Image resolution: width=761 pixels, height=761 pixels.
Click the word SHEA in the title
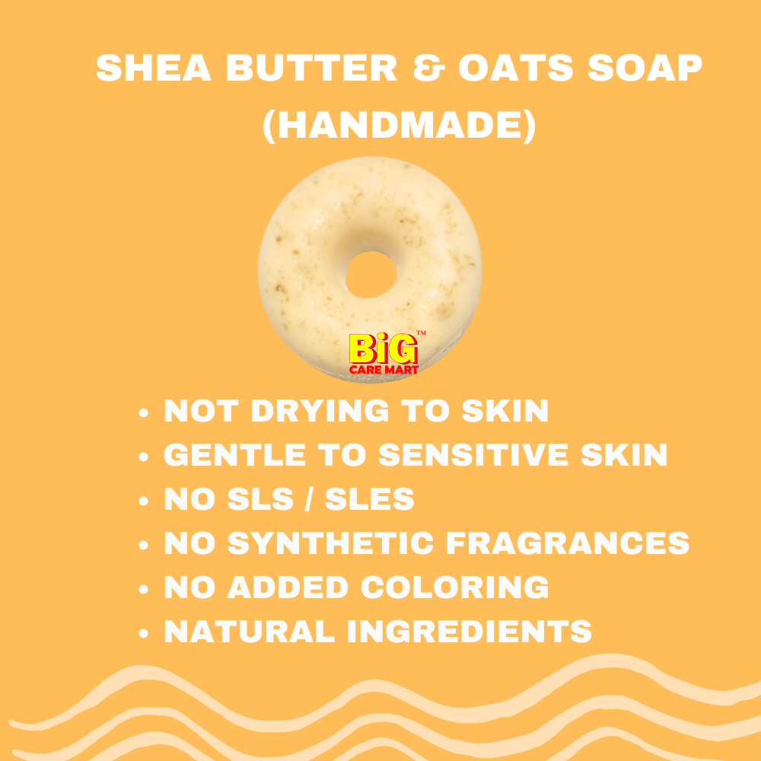(x=154, y=68)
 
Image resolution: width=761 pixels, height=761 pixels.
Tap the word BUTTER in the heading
(x=311, y=68)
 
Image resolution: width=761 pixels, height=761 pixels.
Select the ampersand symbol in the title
(x=428, y=68)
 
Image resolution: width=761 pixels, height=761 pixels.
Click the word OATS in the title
(x=516, y=68)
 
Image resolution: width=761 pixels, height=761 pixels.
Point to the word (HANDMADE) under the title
(x=399, y=126)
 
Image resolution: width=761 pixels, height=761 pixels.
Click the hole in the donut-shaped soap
(x=371, y=274)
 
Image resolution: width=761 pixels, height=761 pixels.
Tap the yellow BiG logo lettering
(x=384, y=349)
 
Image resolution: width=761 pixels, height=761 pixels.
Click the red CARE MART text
(x=384, y=371)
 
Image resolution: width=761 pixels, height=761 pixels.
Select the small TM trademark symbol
(x=422, y=333)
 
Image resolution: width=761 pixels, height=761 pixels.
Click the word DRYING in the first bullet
(x=320, y=411)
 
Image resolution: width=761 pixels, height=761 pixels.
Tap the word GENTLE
(x=234, y=455)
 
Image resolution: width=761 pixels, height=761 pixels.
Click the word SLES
(x=370, y=499)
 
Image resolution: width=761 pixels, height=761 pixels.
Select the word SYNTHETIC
(x=330, y=543)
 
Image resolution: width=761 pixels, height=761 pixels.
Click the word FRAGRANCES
(x=568, y=543)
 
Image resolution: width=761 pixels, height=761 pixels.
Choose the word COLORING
(x=455, y=587)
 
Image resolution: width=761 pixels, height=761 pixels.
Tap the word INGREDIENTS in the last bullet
(x=470, y=632)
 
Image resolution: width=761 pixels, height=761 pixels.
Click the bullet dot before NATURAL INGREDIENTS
(x=143, y=633)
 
